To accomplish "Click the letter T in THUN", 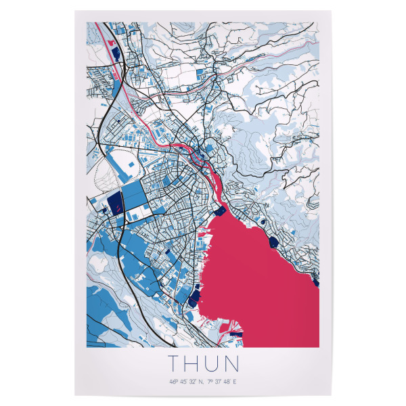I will click(173, 364).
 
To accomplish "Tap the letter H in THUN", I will click(192, 364).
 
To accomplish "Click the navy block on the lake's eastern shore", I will click(273, 241).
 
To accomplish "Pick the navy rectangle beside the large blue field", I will click(114, 201).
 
